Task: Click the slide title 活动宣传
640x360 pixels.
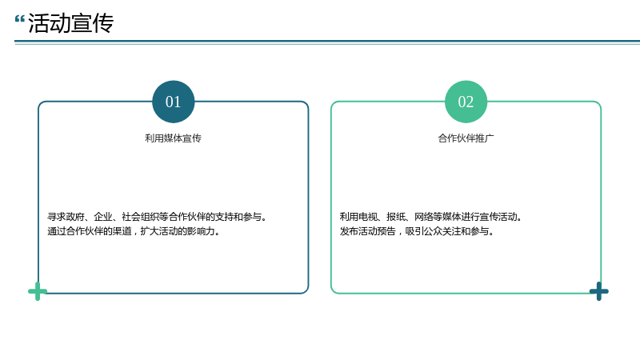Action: (x=70, y=23)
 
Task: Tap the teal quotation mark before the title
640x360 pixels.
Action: (x=19, y=19)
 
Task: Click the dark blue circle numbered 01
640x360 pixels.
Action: (x=173, y=102)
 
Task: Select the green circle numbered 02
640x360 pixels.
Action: (x=466, y=102)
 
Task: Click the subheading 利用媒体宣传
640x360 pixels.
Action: (x=173, y=138)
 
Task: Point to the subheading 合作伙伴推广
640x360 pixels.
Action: (x=466, y=138)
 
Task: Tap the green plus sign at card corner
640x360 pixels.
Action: (x=38, y=291)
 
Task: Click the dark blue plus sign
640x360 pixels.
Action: (x=598, y=291)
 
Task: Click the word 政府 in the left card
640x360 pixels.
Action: (x=75, y=217)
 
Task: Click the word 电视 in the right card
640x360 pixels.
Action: (x=368, y=217)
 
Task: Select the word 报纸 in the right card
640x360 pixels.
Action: (x=395, y=217)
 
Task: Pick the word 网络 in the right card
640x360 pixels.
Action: (x=424, y=217)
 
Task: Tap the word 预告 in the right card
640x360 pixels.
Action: (x=386, y=231)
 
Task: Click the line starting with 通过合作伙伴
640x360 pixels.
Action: (x=134, y=231)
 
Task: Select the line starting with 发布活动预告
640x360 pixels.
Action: (x=417, y=231)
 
